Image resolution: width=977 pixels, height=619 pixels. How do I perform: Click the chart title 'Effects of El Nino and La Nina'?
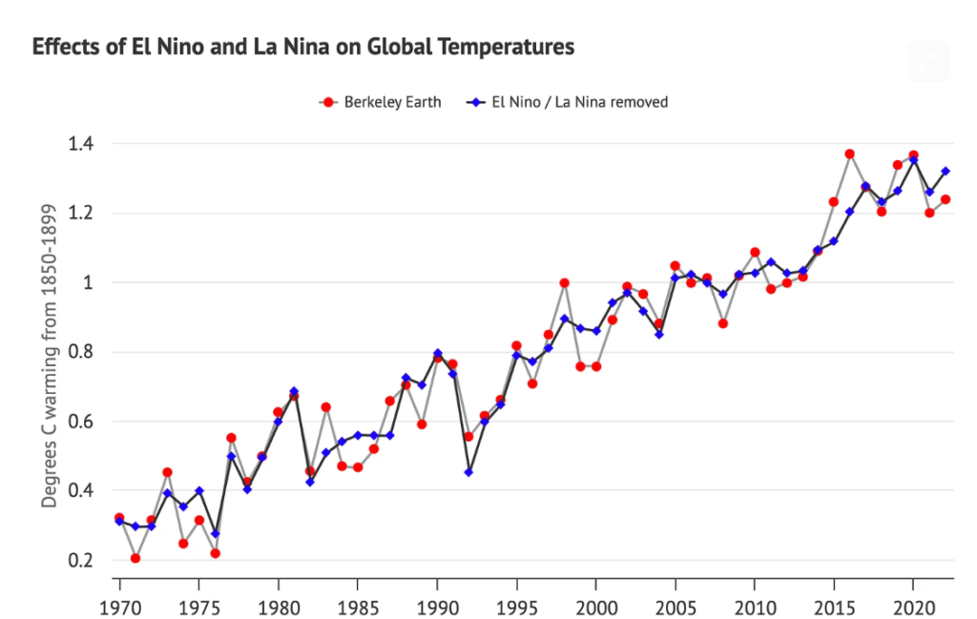pyautogui.click(x=303, y=47)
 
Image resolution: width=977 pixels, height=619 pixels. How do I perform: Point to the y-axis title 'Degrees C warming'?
pyautogui.click(x=48, y=352)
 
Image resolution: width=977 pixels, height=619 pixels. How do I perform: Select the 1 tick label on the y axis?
pyautogui.click(x=88, y=283)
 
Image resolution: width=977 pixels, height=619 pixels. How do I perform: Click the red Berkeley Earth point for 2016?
pyautogui.click(x=849, y=155)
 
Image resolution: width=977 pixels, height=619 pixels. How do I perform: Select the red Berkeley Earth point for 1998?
pyautogui.click(x=564, y=283)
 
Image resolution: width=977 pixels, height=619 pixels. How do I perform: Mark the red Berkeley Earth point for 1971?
pyautogui.click(x=135, y=558)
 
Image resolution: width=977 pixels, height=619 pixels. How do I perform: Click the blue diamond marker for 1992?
pyautogui.click(x=468, y=472)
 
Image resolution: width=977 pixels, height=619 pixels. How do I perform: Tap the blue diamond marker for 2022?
pyautogui.click(x=945, y=172)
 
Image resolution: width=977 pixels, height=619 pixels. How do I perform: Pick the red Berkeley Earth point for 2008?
pyautogui.click(x=722, y=323)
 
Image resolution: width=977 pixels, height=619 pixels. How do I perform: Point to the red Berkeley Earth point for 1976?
pyautogui.click(x=215, y=553)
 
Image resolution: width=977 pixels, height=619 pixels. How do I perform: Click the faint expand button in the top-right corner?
pyautogui.click(x=928, y=61)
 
